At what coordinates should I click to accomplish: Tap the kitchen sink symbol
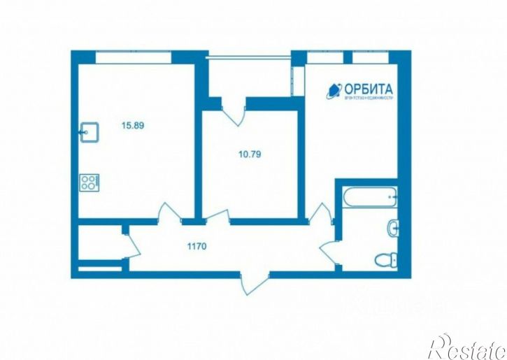88,130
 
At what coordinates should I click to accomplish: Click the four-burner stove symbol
88,183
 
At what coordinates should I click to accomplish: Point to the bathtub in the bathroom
370,196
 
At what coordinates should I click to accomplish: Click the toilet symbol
386,261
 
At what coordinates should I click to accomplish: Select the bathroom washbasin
392,227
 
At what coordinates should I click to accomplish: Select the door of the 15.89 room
168,212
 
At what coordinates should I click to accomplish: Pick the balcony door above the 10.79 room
234,110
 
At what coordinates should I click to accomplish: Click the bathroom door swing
329,250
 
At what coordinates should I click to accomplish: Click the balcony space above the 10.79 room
250,78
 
